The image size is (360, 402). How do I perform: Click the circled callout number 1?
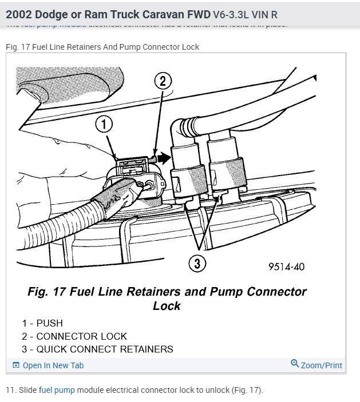pyautogui.click(x=104, y=124)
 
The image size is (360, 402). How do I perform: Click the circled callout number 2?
pyautogui.click(x=163, y=81)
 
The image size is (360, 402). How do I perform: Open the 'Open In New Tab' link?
pyautogui.click(x=53, y=365)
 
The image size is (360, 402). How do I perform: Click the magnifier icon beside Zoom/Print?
pyautogui.click(x=295, y=364)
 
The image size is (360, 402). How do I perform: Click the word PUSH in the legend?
pyautogui.click(x=49, y=324)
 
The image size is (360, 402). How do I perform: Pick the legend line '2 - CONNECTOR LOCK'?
pyautogui.click(x=74, y=336)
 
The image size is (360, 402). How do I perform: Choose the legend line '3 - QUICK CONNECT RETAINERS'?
pyautogui.click(x=97, y=349)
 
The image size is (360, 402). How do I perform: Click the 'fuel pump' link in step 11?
pyautogui.click(x=57, y=390)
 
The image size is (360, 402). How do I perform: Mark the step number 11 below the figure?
pyautogui.click(x=10, y=390)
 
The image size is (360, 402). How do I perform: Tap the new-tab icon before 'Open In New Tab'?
pyautogui.click(x=16, y=365)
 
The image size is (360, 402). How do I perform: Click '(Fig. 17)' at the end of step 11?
pyautogui.click(x=247, y=390)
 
